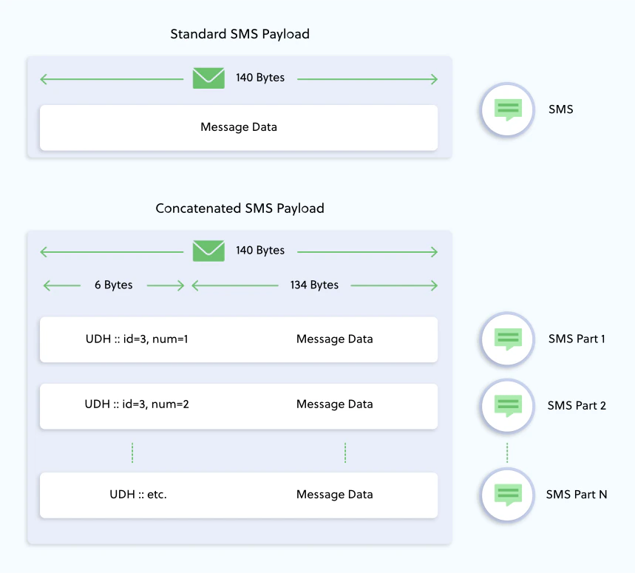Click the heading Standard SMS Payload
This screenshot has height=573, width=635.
click(x=240, y=34)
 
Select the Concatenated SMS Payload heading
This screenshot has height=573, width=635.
click(x=240, y=208)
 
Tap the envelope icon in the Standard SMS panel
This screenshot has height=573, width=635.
click(x=208, y=78)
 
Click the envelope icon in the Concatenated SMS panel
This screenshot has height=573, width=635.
click(x=208, y=251)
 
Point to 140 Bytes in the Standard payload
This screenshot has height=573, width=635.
click(x=260, y=78)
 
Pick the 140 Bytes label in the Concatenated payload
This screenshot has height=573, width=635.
click(x=260, y=251)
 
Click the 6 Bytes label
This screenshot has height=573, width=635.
click(x=113, y=285)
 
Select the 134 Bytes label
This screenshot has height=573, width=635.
click(x=314, y=285)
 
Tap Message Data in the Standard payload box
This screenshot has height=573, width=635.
click(x=239, y=127)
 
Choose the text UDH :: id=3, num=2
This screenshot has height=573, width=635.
click(x=137, y=404)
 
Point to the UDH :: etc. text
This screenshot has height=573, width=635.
click(x=137, y=495)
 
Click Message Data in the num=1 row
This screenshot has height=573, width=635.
click(x=334, y=339)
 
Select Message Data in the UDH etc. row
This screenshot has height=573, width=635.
click(x=334, y=495)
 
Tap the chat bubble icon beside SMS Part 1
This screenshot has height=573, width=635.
click(x=507, y=339)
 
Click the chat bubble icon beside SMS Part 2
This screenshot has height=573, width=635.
click(x=507, y=405)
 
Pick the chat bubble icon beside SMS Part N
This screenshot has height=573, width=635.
click(x=507, y=495)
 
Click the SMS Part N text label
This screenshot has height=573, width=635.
click(x=577, y=495)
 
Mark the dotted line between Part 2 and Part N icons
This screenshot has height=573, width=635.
click(x=507, y=452)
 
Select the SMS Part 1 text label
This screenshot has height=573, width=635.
click(x=577, y=339)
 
